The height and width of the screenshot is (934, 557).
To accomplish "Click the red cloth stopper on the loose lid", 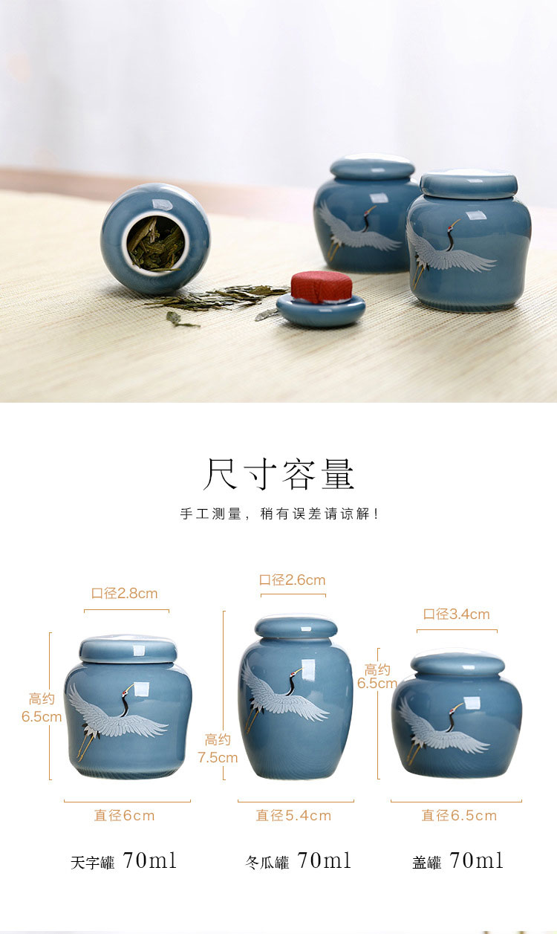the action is pos(321,287).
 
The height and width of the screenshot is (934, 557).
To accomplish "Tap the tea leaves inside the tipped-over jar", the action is pos(155,244).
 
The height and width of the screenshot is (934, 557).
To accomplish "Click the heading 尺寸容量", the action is pos(278,474).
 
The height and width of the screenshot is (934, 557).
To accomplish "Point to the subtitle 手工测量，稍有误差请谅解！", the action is pos(279,513).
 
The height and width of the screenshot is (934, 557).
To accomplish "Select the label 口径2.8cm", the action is pos(125,594).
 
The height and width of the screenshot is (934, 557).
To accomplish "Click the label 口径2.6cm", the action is pos(292,580).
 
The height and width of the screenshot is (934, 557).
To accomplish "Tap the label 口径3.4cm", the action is pos(456,614).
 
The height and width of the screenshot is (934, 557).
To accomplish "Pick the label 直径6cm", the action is pos(124,816).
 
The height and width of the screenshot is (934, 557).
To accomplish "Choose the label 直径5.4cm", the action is pos(293,816).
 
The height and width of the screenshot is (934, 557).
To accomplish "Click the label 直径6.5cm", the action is pos(459,816).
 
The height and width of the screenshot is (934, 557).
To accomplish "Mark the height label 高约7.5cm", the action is pos(218,749).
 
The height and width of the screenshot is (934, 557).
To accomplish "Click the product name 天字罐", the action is pos(93,863).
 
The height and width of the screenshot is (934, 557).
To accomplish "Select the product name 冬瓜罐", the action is pos(267,863).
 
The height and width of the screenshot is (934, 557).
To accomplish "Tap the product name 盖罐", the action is pos(426,863).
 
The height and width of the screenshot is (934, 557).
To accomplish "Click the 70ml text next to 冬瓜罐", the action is pos(324,860).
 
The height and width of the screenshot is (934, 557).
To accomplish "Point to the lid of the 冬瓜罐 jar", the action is pos(296,628).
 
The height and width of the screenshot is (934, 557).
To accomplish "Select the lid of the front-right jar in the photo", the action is pos(469,184).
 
